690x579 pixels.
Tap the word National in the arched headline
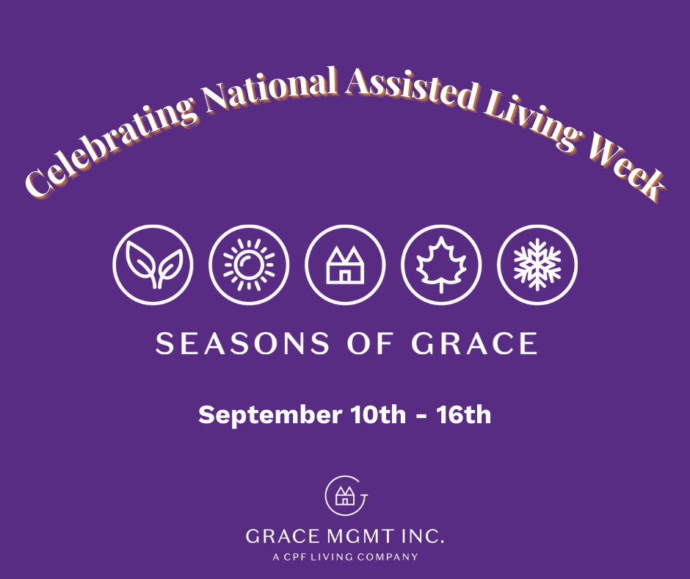[271, 90]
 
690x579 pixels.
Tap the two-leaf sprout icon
[153, 265]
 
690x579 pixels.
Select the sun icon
[249, 265]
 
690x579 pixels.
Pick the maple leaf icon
[441, 265]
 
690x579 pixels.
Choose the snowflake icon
[537, 265]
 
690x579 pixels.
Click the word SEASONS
[242, 344]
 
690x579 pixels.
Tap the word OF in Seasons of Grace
[370, 344]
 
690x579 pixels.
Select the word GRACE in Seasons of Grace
[474, 344]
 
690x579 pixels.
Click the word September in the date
[270, 416]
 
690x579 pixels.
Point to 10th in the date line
[378, 414]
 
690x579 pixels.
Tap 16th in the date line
[463, 414]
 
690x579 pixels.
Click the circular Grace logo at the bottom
[346, 496]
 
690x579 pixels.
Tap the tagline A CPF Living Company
[346, 557]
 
